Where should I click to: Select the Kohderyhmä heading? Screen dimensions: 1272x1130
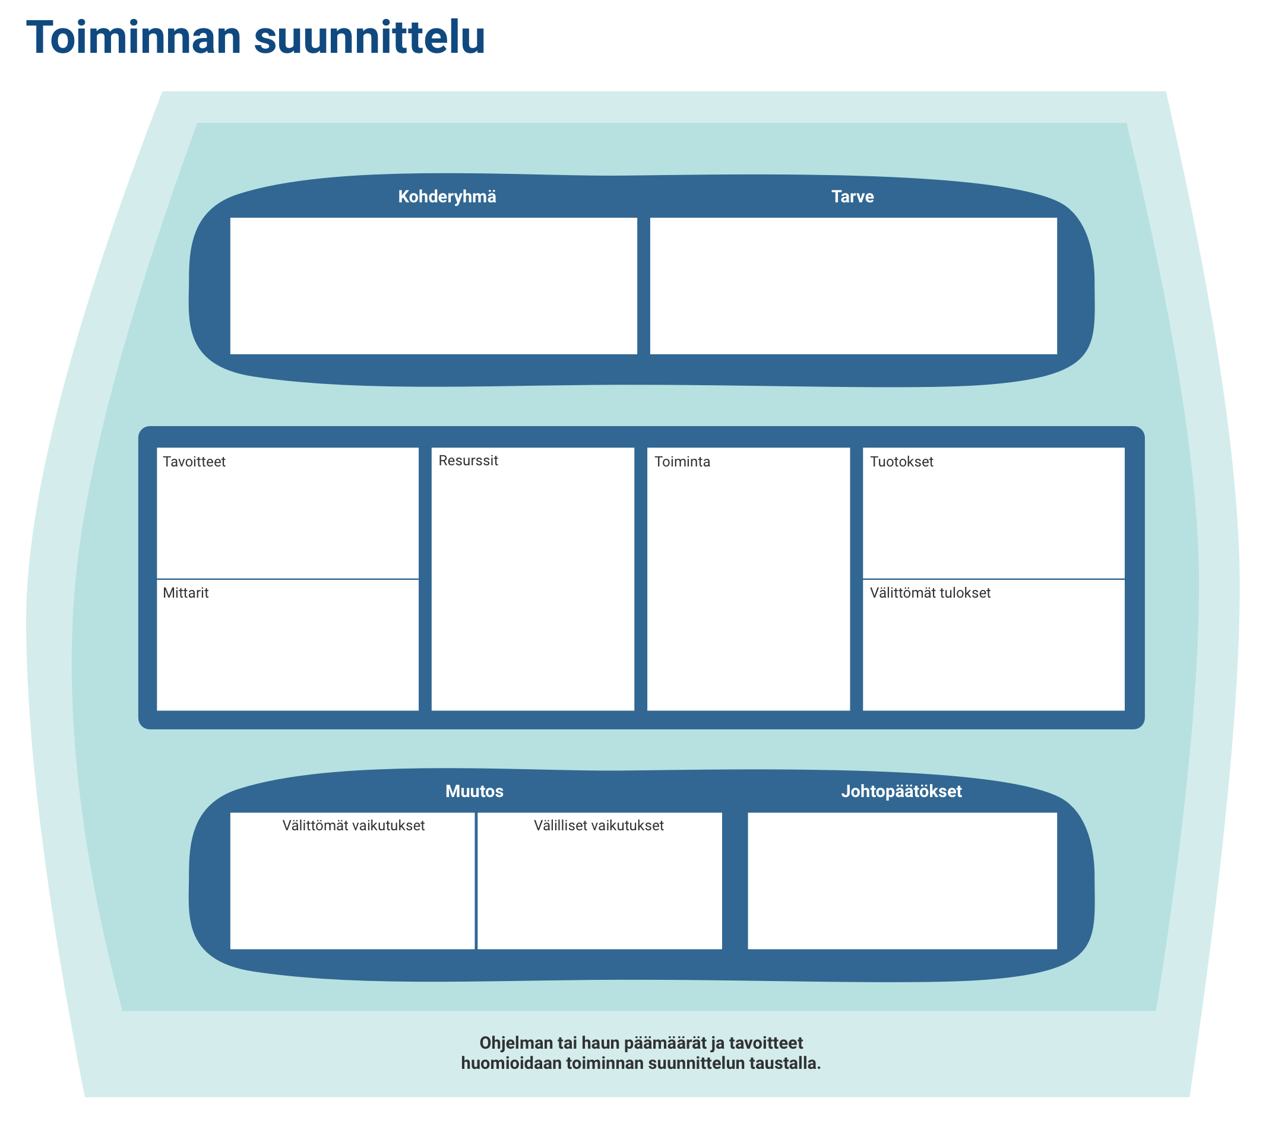coord(447,197)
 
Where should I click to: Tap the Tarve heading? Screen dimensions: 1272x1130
coord(853,196)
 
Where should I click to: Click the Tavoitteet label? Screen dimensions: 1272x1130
coord(194,462)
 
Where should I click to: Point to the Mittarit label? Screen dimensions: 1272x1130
coord(185,593)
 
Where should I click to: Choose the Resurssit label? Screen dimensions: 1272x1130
coord(468,460)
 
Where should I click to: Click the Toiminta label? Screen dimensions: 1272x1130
coord(682,462)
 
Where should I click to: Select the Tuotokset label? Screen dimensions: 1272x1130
coord(901,462)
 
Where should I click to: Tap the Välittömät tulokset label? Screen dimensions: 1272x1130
coord(930,593)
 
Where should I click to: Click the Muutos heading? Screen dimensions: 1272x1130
coord(474,791)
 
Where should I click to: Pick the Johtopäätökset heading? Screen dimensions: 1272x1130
coord(901,792)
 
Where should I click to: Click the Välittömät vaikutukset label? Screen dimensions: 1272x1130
coord(353,826)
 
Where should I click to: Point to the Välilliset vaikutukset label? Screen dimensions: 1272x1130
coord(599,826)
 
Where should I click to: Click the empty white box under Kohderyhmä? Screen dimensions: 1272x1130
coord(434,286)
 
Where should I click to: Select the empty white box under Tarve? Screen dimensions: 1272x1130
coord(853,286)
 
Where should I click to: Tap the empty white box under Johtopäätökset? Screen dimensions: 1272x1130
coord(901,881)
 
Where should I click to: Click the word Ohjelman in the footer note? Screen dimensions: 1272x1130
coord(512,1043)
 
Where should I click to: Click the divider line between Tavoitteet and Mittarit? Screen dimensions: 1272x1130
coord(287,579)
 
